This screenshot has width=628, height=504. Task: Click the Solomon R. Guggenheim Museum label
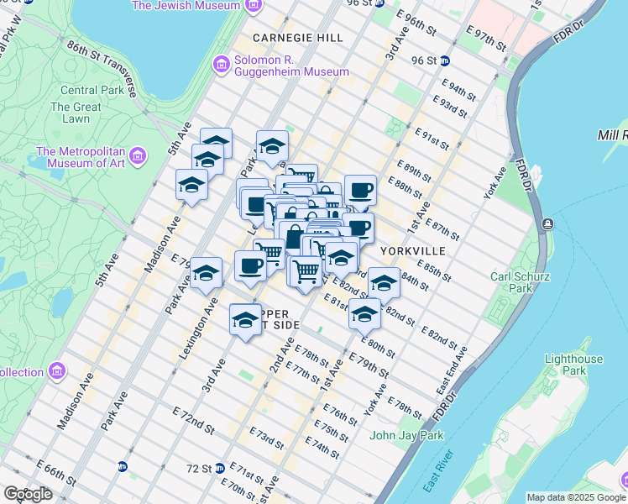click(x=291, y=65)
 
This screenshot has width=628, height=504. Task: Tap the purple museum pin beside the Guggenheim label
click(x=222, y=65)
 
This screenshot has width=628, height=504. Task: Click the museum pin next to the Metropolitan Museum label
click(x=139, y=156)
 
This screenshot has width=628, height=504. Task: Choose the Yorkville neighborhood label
click(x=411, y=251)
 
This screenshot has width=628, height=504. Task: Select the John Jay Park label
click(x=406, y=435)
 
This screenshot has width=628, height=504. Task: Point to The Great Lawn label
click(x=76, y=113)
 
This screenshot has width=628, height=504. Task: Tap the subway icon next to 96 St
click(x=445, y=60)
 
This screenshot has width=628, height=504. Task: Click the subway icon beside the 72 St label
click(x=219, y=468)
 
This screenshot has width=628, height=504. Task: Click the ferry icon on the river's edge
click(x=547, y=223)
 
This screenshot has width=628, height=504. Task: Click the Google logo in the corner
click(x=29, y=494)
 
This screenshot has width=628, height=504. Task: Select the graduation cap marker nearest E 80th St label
click(x=364, y=316)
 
